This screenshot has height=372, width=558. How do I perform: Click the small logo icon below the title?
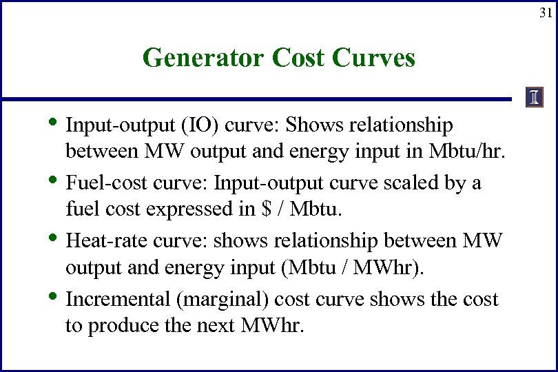click(534, 99)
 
